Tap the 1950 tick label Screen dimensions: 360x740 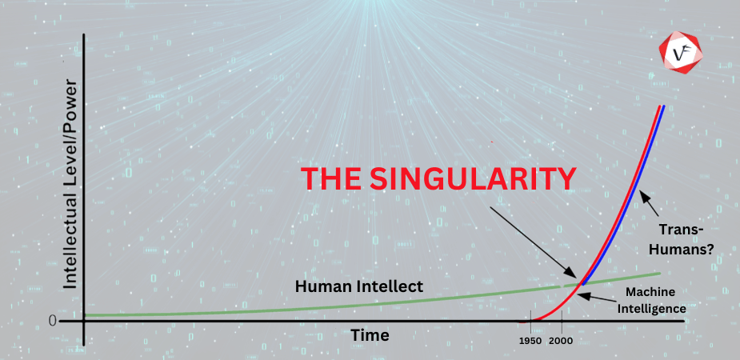530,341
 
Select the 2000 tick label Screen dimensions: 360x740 562,341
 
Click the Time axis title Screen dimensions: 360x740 370,334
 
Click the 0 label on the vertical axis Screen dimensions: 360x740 53,321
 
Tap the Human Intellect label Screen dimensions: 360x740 359,286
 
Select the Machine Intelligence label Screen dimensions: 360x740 655,298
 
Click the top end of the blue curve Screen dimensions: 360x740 663,107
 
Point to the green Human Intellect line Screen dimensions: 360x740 240,309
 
